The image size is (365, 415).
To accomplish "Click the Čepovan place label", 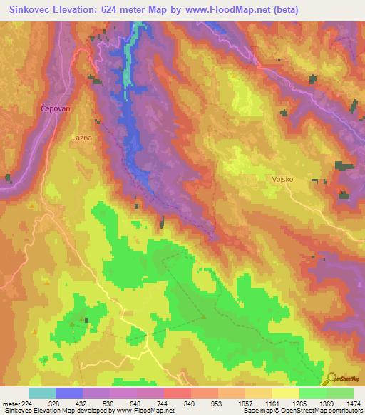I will tap(53, 108).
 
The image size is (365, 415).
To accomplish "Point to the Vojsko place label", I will tap(282, 180).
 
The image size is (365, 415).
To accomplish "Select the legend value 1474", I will tap(344, 403).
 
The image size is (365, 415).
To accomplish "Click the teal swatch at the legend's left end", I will tap(42, 393).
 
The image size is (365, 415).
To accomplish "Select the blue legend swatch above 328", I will tap(69, 393).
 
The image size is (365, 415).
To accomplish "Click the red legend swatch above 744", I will tap(178, 393).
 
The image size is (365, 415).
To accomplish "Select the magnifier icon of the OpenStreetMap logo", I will tap(329, 378).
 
